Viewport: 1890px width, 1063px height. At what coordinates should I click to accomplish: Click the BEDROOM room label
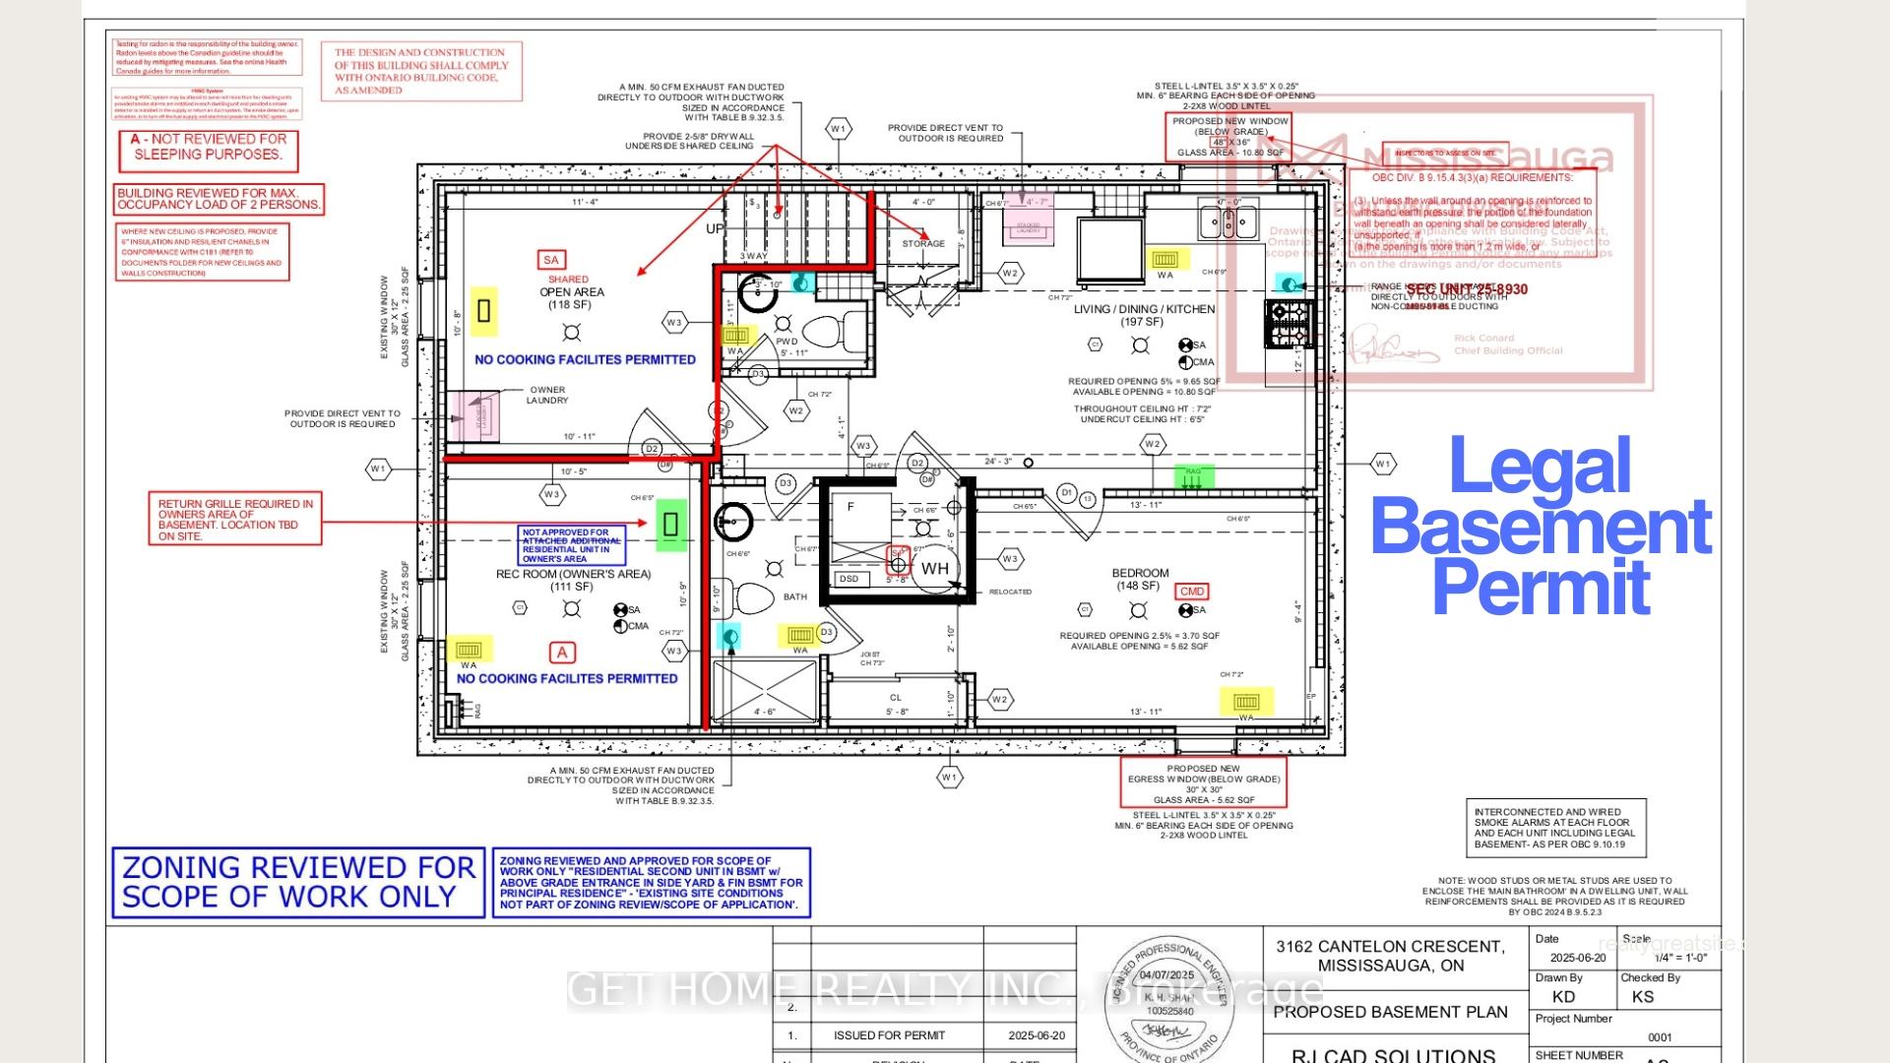click(x=1140, y=573)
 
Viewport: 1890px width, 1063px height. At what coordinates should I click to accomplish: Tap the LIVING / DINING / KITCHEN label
click(x=1144, y=309)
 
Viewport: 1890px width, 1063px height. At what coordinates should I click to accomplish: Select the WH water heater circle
click(x=934, y=568)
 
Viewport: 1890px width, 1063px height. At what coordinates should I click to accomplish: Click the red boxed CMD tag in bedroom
click(x=1191, y=592)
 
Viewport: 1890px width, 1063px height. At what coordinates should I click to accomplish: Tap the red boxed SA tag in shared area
click(x=550, y=260)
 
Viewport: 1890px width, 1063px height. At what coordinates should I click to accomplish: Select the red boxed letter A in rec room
click(x=562, y=653)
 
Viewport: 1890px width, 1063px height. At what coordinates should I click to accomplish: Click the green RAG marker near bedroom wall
click(x=1194, y=476)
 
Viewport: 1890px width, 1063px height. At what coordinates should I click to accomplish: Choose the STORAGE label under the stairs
click(x=922, y=243)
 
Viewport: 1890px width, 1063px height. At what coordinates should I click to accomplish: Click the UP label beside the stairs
click(x=715, y=228)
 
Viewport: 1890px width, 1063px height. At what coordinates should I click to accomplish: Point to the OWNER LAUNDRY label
click(x=547, y=395)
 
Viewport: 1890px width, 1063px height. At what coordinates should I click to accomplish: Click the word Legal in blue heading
click(x=1540, y=468)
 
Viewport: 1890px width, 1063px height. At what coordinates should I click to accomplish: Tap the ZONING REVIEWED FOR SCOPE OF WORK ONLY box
click(x=298, y=882)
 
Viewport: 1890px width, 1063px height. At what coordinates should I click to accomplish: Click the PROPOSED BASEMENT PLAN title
click(x=1389, y=1012)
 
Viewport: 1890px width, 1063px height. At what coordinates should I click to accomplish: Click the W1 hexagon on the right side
click(x=1383, y=464)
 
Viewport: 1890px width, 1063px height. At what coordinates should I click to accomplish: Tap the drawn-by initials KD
click(x=1563, y=997)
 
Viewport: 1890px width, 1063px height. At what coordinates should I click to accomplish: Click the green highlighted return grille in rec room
click(x=671, y=524)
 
